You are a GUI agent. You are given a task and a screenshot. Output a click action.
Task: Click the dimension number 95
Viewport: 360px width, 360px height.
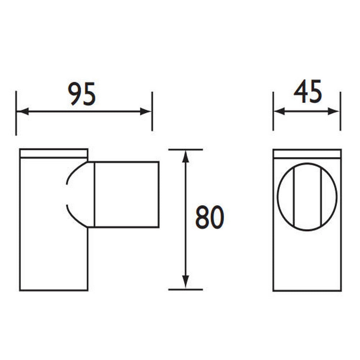pyautogui.click(x=83, y=94)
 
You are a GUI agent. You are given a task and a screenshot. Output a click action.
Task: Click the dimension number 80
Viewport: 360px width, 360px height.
pyautogui.click(x=210, y=218)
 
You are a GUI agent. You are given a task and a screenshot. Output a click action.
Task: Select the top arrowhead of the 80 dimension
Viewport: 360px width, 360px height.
pyautogui.click(x=185, y=156)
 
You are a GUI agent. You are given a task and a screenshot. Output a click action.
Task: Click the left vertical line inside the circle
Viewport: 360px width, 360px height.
pyautogui.click(x=294, y=196)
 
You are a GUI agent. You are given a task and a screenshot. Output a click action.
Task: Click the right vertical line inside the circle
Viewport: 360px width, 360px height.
pyautogui.click(x=320, y=196)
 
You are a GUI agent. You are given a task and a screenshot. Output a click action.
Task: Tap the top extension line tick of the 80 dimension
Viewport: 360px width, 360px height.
pyautogui.click(x=185, y=149)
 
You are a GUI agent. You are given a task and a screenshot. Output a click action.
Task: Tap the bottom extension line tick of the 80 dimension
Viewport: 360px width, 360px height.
pyautogui.click(x=185, y=289)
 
